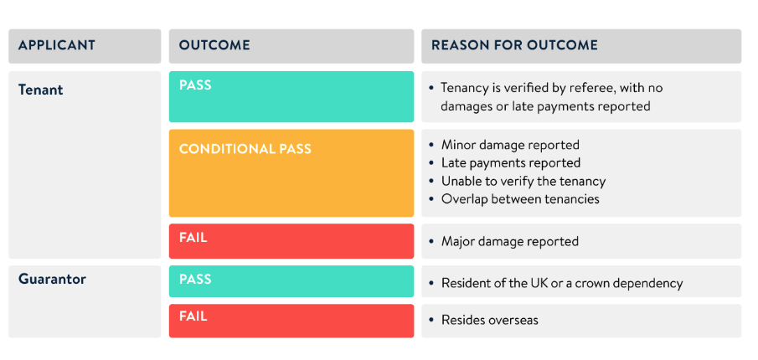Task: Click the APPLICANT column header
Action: click(x=57, y=45)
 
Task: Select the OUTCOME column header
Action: click(x=215, y=45)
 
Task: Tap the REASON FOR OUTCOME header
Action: click(x=514, y=45)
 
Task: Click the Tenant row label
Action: click(x=41, y=90)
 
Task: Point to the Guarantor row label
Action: click(x=52, y=280)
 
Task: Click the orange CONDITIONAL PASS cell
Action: click(x=291, y=172)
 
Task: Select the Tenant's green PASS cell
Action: click(x=291, y=96)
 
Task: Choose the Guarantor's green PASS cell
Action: click(x=291, y=280)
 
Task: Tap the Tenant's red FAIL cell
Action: click(x=291, y=240)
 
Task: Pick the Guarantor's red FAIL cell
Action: click(x=291, y=320)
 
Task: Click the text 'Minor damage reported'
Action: click(x=510, y=145)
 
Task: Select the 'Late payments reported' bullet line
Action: click(x=511, y=162)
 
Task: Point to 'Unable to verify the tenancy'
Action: click(x=523, y=181)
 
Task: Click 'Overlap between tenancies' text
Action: click(x=520, y=199)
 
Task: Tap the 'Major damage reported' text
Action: click(x=510, y=241)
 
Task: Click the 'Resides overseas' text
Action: click(x=490, y=320)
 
